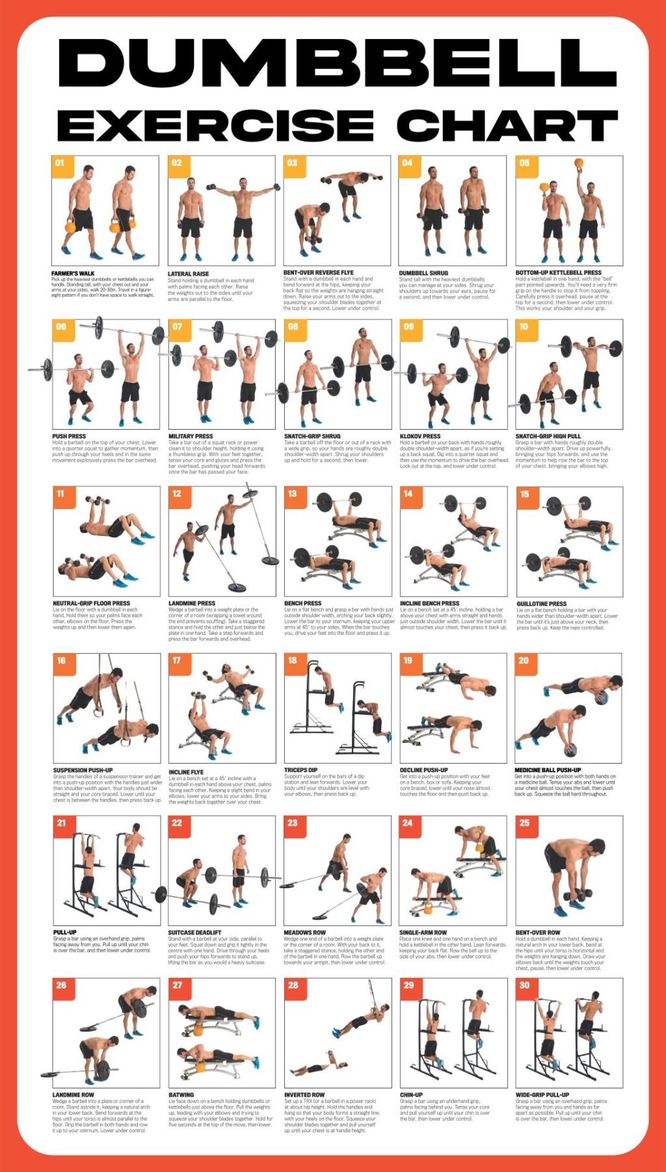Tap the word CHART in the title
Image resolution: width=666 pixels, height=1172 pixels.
pyautogui.click(x=507, y=125)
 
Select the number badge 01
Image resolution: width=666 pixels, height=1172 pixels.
pyautogui.click(x=60, y=164)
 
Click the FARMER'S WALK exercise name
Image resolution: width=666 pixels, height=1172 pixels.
pyautogui.click(x=73, y=273)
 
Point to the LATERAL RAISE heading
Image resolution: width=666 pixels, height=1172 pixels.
pyautogui.click(x=189, y=274)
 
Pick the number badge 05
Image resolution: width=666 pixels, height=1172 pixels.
pyautogui.click(x=525, y=164)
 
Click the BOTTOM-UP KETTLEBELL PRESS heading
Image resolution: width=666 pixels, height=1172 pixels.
pyautogui.click(x=558, y=273)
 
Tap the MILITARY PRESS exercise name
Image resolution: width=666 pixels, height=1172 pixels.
pyautogui.click(x=191, y=436)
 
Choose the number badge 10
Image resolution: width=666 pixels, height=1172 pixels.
pyautogui.click(x=524, y=328)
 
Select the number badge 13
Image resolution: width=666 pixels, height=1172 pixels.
pyautogui.click(x=293, y=494)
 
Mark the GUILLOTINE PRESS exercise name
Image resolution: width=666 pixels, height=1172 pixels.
pyautogui.click(x=541, y=604)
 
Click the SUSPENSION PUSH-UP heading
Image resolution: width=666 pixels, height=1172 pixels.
pyautogui.click(x=83, y=770)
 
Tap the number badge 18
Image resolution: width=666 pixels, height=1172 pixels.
pyautogui.click(x=293, y=661)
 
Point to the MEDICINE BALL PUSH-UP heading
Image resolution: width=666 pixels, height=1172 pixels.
pyautogui.click(x=548, y=770)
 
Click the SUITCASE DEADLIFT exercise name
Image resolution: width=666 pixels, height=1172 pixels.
pyautogui.click(x=194, y=933)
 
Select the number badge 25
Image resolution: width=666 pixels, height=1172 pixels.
pyautogui.click(x=524, y=824)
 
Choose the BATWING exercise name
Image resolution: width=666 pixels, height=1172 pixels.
pyautogui.click(x=181, y=1095)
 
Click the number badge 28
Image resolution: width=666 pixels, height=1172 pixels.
pyautogui.click(x=293, y=986)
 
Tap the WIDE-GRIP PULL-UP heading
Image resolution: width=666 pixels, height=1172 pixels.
pyautogui.click(x=542, y=1095)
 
